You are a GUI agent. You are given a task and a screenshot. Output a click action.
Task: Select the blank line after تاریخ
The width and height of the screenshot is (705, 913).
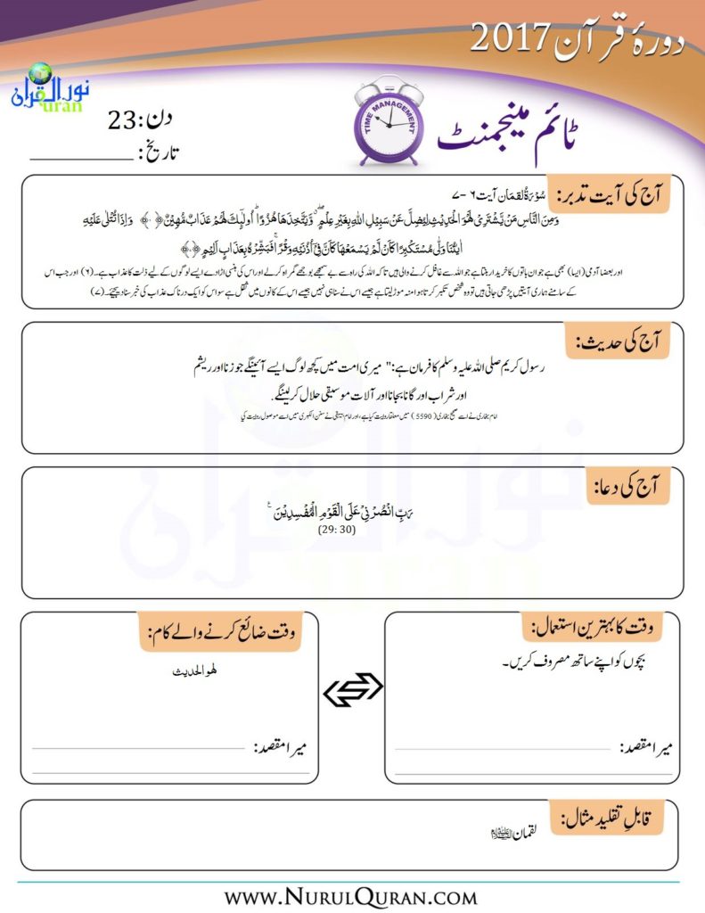[x=80, y=157]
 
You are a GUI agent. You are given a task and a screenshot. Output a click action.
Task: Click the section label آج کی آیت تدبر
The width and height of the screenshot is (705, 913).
[x=611, y=194]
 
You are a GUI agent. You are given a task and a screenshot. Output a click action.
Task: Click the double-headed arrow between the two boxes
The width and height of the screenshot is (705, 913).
[x=352, y=688]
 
